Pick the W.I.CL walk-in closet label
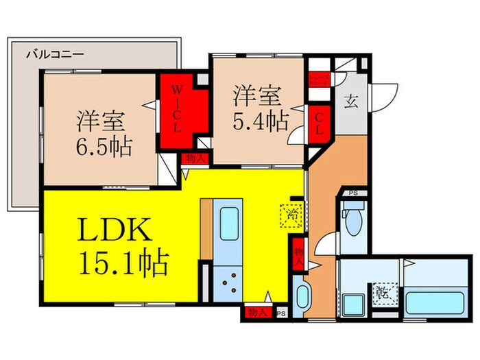(x=177, y=109)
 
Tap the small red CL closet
(x=319, y=125)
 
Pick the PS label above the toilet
(x=353, y=193)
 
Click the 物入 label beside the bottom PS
(x=255, y=313)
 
